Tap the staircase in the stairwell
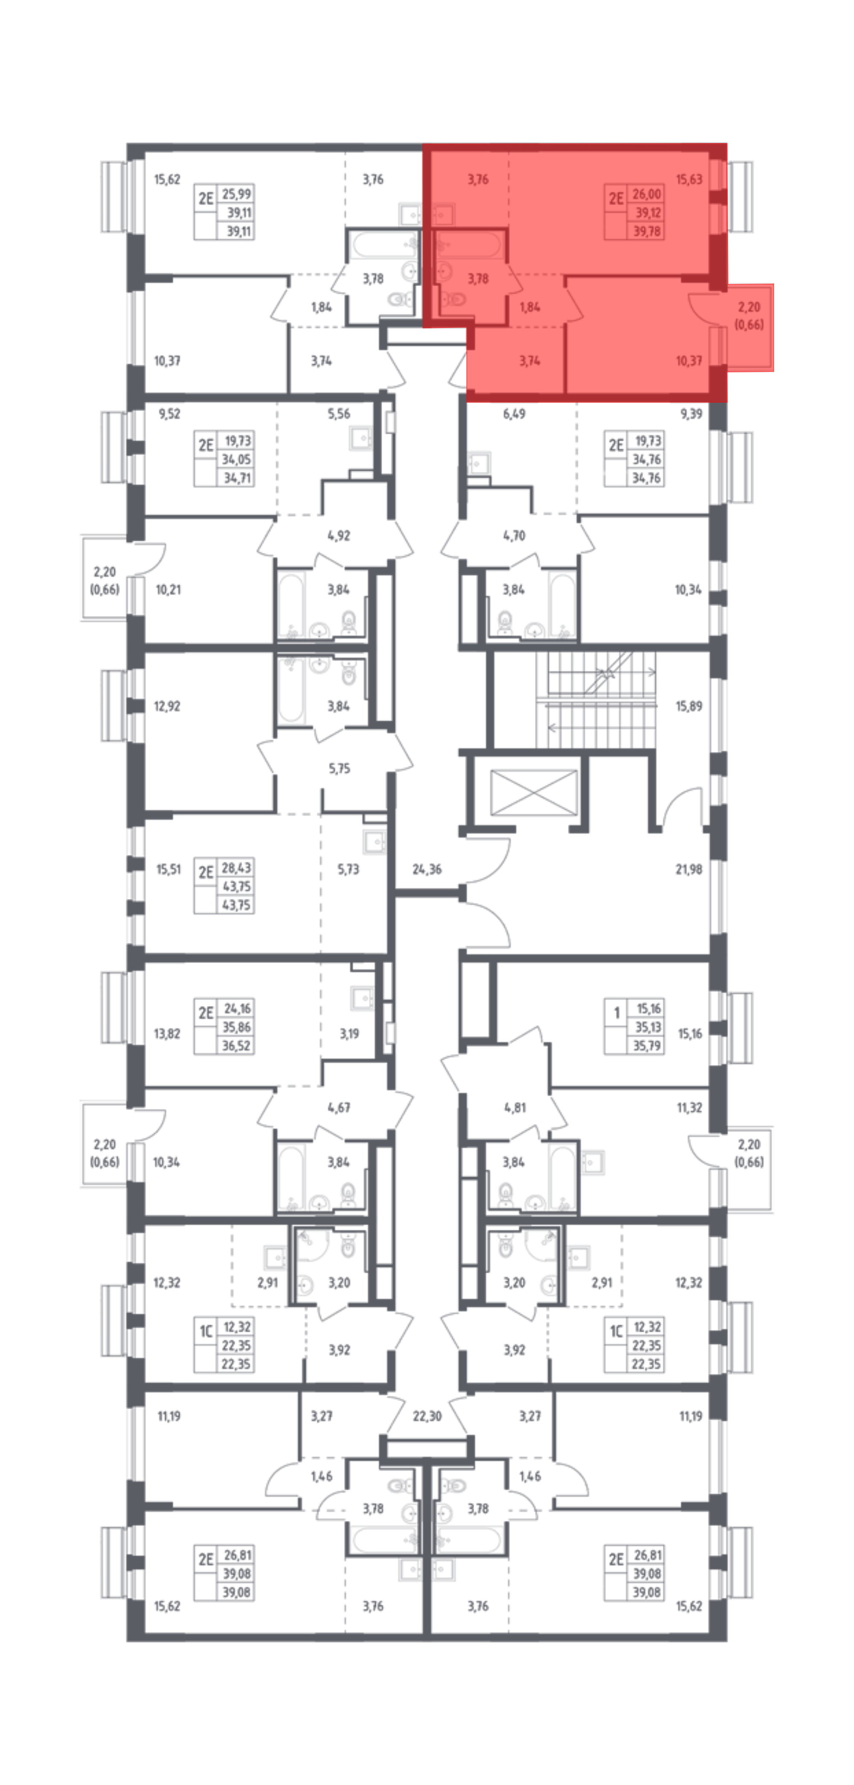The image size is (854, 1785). coord(596,700)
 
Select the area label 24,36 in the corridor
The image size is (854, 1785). coord(427,869)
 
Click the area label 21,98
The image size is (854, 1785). coord(688,869)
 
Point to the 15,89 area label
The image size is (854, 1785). coord(688,706)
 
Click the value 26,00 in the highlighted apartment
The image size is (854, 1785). coord(647,194)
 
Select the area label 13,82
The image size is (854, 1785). coord(167,1033)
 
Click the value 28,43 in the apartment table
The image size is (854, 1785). coord(236,868)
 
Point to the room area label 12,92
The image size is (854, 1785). coord(167,706)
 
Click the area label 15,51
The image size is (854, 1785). coord(168,869)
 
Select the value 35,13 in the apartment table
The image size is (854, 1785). coord(648,1027)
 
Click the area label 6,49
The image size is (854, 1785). coord(514,414)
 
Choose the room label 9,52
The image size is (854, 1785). coord(169,414)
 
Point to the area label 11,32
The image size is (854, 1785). coord(689,1107)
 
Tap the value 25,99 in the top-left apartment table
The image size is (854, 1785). coord(236,194)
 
